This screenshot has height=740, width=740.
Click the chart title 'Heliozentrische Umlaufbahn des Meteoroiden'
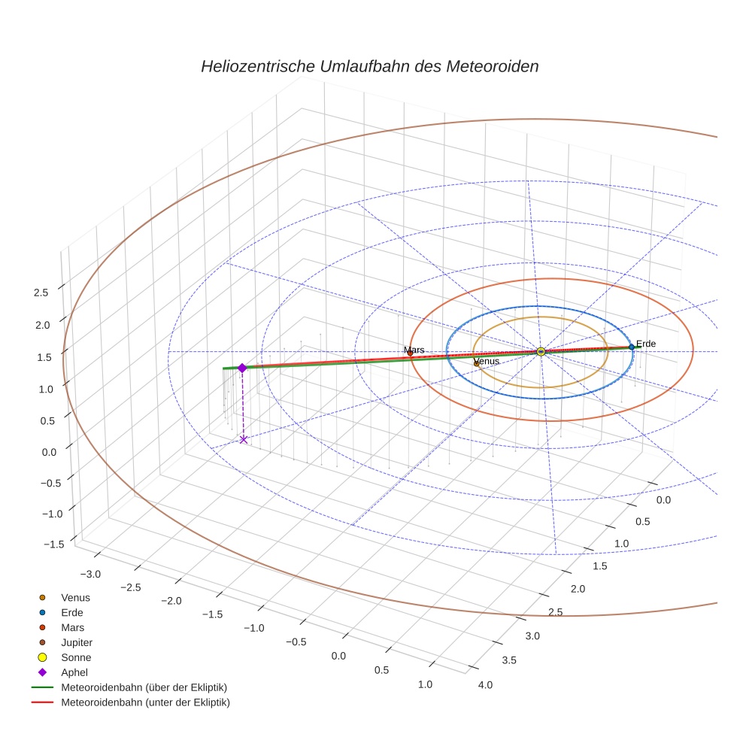point(369,66)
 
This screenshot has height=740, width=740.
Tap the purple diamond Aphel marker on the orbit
point(242,368)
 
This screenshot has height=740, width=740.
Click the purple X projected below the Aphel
point(243,439)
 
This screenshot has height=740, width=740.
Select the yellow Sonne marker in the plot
point(541,351)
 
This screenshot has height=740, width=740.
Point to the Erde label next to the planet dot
point(645,344)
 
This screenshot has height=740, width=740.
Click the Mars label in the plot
point(414,350)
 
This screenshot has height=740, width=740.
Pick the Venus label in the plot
point(487,362)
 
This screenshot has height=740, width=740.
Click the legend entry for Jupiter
point(76,642)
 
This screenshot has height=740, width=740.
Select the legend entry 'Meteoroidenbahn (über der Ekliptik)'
point(144,687)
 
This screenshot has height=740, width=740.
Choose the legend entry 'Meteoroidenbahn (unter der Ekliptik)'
point(145,702)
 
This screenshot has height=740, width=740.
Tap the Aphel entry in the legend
point(74,672)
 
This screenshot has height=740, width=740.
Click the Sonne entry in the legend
point(76,657)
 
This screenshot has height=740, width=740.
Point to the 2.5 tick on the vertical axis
point(41,293)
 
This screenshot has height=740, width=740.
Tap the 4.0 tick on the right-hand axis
point(484,684)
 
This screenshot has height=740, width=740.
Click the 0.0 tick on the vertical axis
point(41,451)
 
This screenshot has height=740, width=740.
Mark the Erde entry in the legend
point(72,612)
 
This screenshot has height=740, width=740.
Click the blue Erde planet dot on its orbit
point(632,347)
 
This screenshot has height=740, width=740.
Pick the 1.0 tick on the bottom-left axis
point(425,684)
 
